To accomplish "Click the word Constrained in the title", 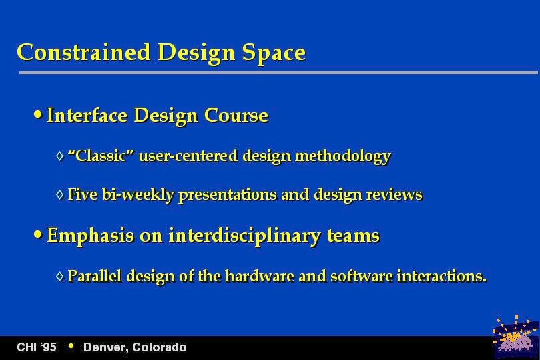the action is (83, 52).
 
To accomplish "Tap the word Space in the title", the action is (274, 53).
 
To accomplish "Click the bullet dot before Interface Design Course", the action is (38, 114).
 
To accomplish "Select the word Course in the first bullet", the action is (236, 115).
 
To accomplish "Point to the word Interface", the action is (87, 115).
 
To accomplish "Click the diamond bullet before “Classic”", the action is (60, 156).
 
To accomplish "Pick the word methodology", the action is (343, 156).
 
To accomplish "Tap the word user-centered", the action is (188, 156).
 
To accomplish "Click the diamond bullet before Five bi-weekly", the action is (60, 194).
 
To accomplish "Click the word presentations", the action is (228, 195).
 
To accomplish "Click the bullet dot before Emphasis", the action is (38, 234).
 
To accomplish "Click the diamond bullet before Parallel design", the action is (60, 276).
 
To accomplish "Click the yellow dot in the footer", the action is (71, 346).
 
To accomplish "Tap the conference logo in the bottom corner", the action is (515, 337).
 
